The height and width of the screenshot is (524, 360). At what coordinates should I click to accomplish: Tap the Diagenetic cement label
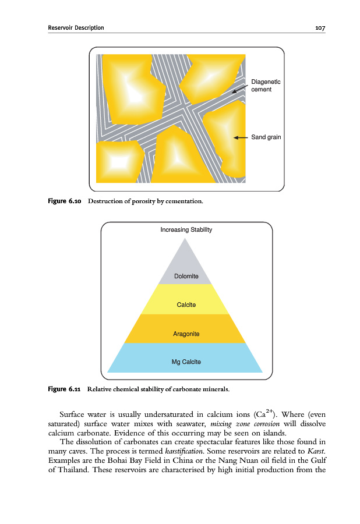tap(266, 86)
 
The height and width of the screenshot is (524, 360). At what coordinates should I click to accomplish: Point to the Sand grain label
tap(266, 137)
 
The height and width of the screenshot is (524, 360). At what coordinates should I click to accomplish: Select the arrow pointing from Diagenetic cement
tap(239, 87)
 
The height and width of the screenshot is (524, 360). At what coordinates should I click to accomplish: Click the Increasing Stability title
tap(186, 229)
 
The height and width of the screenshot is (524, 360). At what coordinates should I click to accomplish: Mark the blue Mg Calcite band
tap(186, 360)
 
